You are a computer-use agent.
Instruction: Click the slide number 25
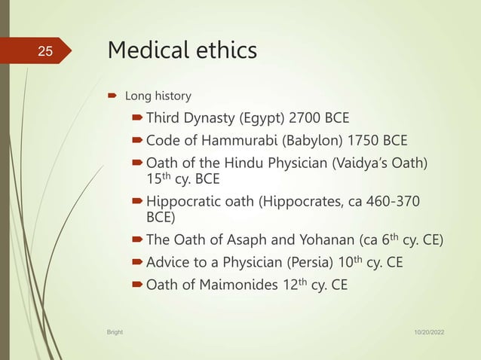pyautogui.click(x=44, y=52)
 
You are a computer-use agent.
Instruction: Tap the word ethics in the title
pyautogui.click(x=224, y=50)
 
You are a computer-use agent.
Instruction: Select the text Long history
pyautogui.click(x=158, y=96)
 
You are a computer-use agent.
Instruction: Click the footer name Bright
pyautogui.click(x=115, y=331)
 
